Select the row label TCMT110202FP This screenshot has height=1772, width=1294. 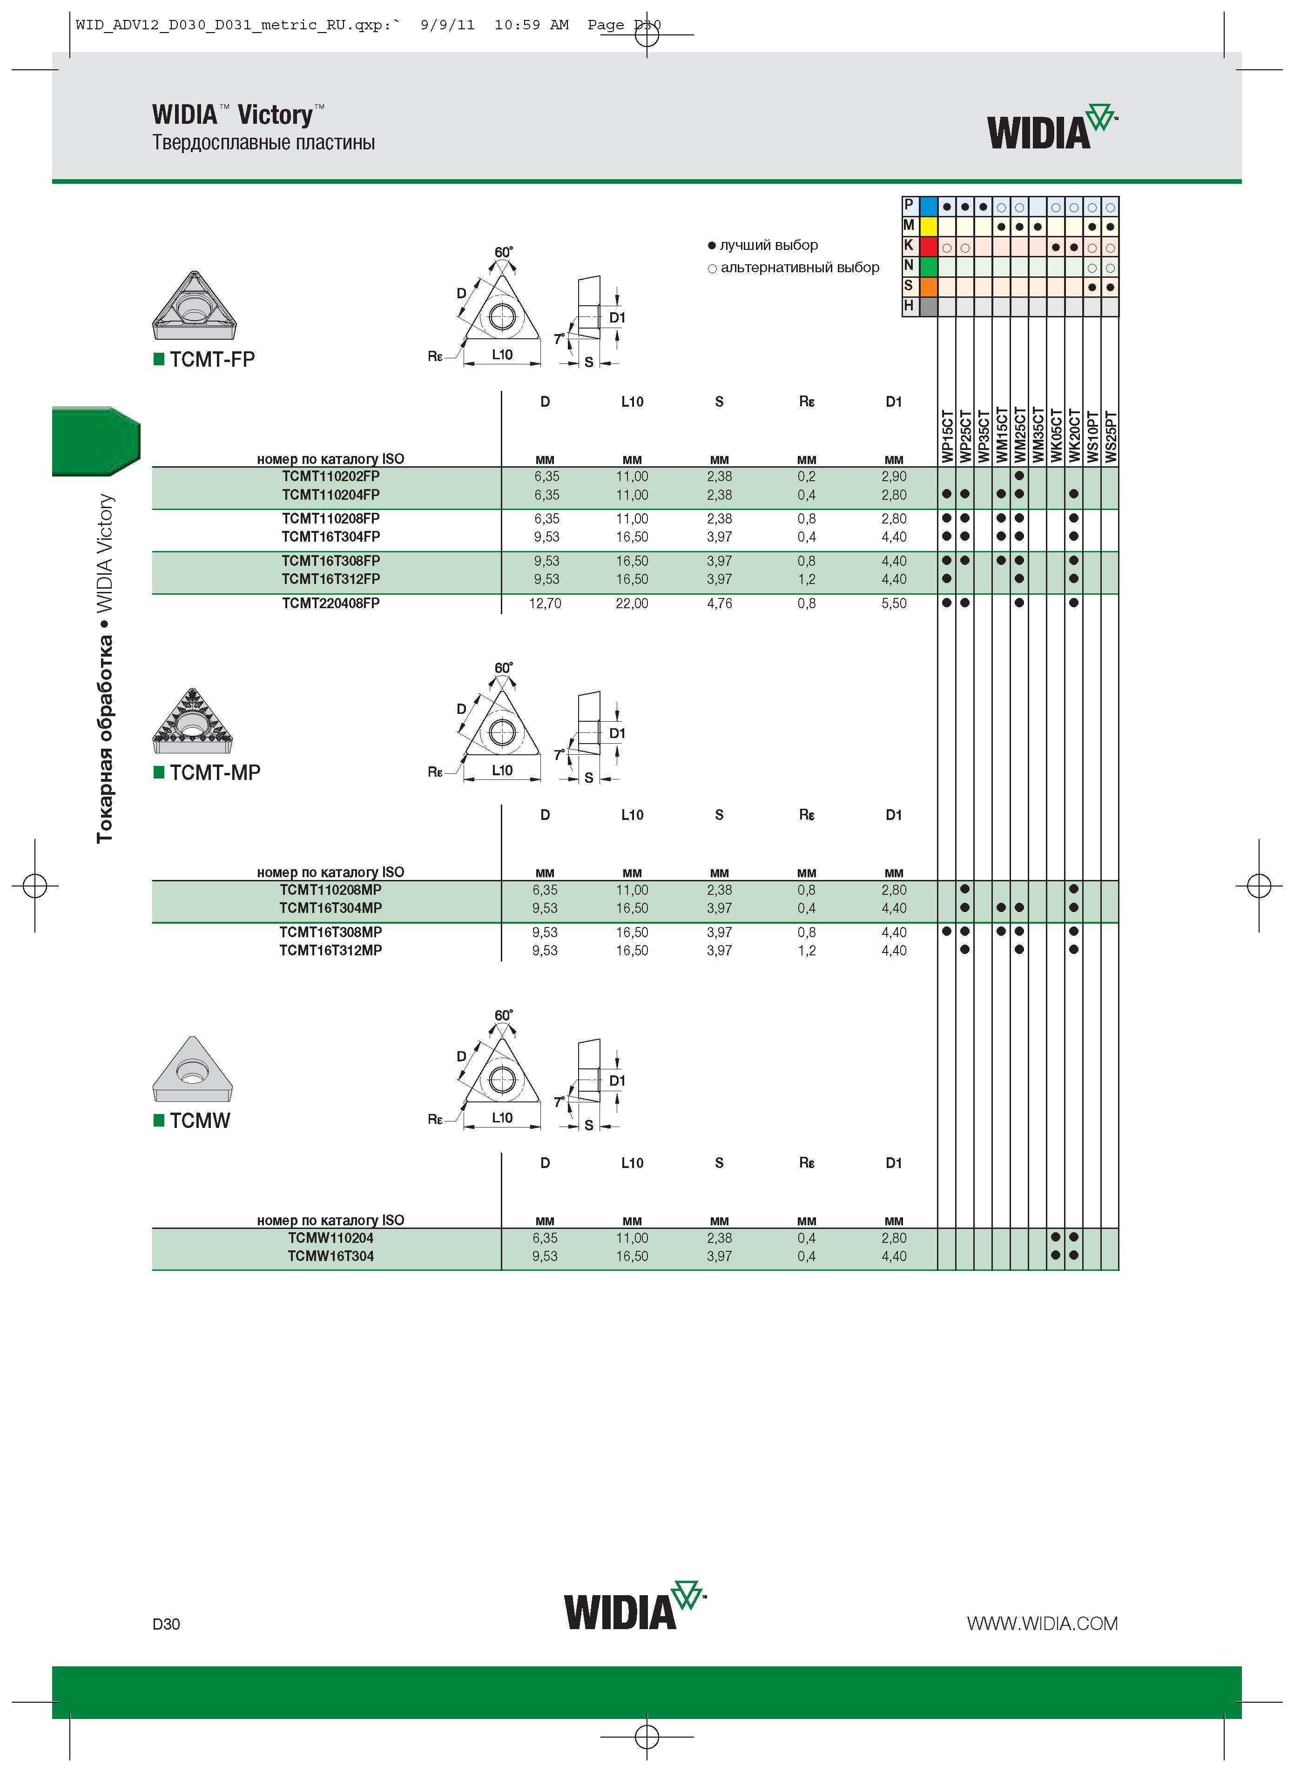click(330, 476)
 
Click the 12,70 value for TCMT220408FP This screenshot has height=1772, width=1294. click(545, 604)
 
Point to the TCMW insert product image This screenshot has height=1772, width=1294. click(193, 1070)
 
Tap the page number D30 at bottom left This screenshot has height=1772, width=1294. click(166, 1624)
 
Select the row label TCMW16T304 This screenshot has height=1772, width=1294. click(330, 1256)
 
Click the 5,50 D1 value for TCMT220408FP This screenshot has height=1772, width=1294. click(894, 604)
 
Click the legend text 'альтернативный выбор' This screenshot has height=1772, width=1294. click(800, 268)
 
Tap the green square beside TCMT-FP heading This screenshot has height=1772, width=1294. click(159, 359)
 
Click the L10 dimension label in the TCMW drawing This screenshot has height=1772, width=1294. click(502, 1117)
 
